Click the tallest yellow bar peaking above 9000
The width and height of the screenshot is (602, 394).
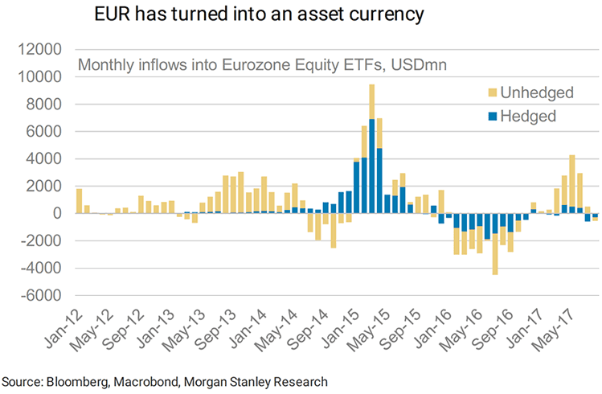click(x=371, y=101)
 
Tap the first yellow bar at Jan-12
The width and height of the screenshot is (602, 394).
click(x=79, y=201)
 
